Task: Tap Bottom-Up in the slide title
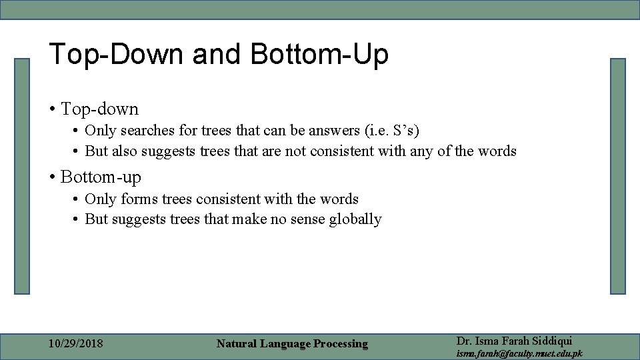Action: (319, 55)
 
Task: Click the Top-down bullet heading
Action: (99, 109)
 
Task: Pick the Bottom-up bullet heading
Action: (101, 177)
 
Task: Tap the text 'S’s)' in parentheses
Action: (405, 130)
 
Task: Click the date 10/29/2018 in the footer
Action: (76, 344)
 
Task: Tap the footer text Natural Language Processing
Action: (292, 344)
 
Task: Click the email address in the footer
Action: (519, 353)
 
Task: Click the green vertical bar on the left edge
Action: (23, 176)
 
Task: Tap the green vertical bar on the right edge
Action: (618, 176)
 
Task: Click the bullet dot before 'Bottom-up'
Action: (52, 177)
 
